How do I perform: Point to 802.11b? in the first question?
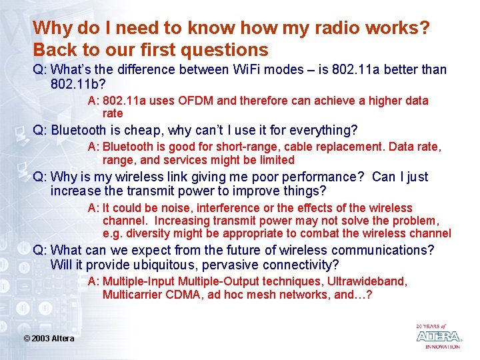pos(78,85)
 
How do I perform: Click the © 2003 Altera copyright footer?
pos(49,339)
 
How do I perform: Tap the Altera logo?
pos(438,336)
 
